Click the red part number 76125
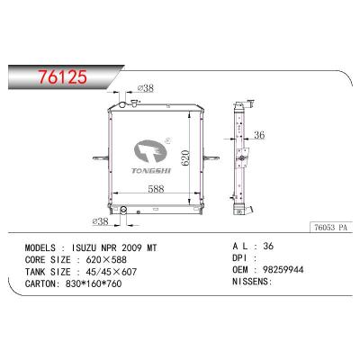(x=62, y=76)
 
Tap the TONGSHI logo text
(x=151, y=171)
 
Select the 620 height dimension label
(x=185, y=158)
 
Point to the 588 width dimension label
(x=156, y=189)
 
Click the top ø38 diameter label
(x=146, y=88)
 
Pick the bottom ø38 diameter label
(x=100, y=222)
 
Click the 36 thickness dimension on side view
(x=259, y=135)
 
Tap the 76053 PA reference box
(x=330, y=228)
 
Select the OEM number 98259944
(x=283, y=270)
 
